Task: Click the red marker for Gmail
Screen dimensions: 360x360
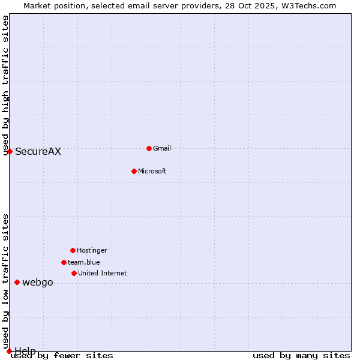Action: pyautogui.click(x=149, y=148)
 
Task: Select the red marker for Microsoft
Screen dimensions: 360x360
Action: pyautogui.click(x=134, y=171)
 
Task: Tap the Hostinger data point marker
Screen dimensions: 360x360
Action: pyautogui.click(x=73, y=250)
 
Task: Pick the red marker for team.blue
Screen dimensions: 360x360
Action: pyautogui.click(x=64, y=262)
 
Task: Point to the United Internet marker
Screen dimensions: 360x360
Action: pyautogui.click(x=74, y=273)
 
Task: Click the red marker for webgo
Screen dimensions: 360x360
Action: pyautogui.click(x=17, y=282)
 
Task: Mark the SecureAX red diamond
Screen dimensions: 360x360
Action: pyautogui.click(x=10, y=151)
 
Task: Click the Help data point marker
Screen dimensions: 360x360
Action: pyautogui.click(x=9, y=351)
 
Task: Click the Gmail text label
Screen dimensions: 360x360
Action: pyautogui.click(x=162, y=148)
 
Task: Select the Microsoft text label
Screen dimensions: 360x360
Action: pyautogui.click(x=152, y=171)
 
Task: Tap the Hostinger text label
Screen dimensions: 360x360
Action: pyautogui.click(x=92, y=250)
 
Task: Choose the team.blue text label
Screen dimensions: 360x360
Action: pyautogui.click(x=84, y=262)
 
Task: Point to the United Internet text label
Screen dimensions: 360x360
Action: pyautogui.click(x=103, y=273)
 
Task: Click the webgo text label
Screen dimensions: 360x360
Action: pyautogui.click(x=38, y=282)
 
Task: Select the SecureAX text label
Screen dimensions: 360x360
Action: pyautogui.click(x=38, y=151)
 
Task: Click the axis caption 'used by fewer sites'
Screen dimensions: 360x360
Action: pyautogui.click(x=62, y=356)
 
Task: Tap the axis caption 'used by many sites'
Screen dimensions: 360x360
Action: pyautogui.click(x=301, y=356)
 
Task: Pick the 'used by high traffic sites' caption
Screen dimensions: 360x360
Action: pyautogui.click(x=6, y=85)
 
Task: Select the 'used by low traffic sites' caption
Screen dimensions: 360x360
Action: pyautogui.click(x=6, y=281)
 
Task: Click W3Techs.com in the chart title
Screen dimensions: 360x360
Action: pyautogui.click(x=306, y=5)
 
